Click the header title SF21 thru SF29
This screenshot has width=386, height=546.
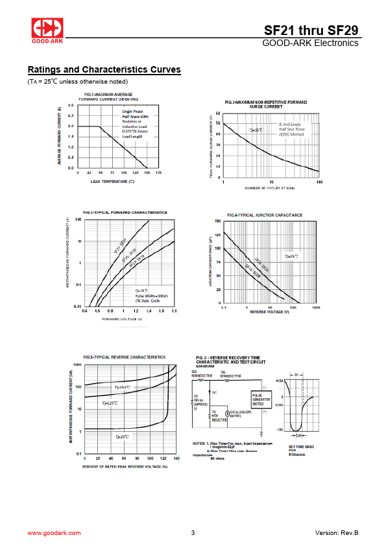311,30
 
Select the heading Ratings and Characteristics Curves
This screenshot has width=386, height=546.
104,70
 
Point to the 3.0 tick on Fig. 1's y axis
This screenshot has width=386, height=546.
71,105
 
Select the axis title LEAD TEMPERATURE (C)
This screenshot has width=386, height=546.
112,182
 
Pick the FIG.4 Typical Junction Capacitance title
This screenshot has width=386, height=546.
264,215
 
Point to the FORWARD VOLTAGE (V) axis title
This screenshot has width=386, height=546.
121,319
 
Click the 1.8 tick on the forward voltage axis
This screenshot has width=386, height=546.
174,311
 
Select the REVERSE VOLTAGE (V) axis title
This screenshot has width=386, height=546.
269,312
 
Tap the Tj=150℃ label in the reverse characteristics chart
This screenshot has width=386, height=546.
122,388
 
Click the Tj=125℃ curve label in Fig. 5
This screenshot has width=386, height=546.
110,403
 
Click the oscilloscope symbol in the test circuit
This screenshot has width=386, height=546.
228,413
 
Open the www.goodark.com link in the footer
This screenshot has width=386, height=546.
54,532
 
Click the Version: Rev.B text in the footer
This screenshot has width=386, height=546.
336,532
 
